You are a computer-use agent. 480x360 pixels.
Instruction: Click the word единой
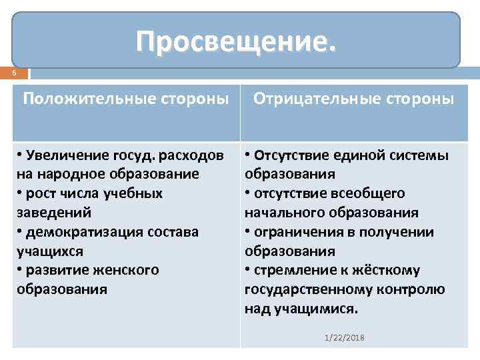(358, 155)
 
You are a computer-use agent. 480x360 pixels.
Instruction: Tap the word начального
(285, 213)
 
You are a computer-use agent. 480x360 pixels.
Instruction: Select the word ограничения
(297, 233)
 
